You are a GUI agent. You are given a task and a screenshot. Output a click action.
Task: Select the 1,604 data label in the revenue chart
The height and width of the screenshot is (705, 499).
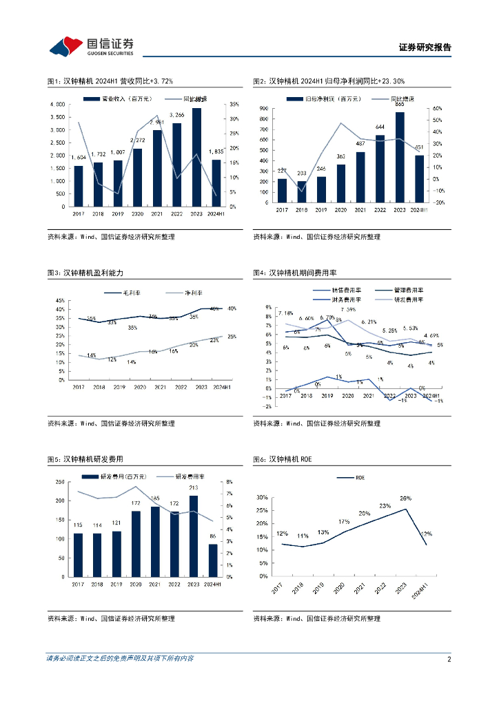click(78, 158)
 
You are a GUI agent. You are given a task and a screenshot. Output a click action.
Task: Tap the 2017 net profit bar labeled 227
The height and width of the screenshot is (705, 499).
click(282, 191)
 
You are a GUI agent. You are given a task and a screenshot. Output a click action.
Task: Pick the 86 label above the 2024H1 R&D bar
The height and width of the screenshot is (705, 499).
click(212, 536)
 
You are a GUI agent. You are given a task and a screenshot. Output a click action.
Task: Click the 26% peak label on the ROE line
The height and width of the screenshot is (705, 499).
click(405, 498)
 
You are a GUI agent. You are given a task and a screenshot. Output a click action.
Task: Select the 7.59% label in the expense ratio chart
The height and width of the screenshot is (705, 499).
click(347, 310)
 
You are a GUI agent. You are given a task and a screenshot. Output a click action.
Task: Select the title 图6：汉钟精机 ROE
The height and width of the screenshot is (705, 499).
click(283, 459)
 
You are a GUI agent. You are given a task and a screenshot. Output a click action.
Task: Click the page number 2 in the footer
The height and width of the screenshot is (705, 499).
click(449, 659)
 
